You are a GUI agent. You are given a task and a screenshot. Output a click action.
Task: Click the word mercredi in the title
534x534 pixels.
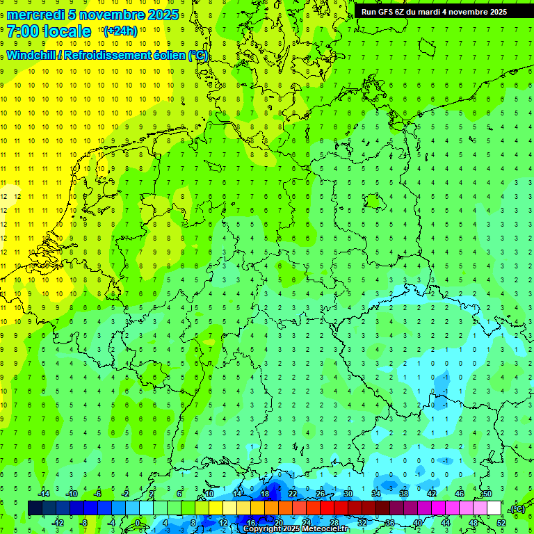pyautogui.click(x=36, y=15)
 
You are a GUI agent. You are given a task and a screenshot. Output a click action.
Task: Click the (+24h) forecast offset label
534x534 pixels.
pyautogui.click(x=120, y=31)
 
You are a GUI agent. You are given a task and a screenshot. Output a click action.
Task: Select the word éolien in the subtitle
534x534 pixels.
pyautogui.click(x=170, y=56)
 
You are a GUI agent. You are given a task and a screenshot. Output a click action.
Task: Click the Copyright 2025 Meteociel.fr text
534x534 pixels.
pyautogui.click(x=295, y=529)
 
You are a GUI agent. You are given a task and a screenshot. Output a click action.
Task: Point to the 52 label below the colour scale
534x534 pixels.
pyautogui.click(x=501, y=523)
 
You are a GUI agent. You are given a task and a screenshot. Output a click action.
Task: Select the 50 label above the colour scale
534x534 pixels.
pyautogui.click(x=487, y=494)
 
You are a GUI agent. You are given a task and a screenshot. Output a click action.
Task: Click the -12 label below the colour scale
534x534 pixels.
pyautogui.click(x=58, y=523)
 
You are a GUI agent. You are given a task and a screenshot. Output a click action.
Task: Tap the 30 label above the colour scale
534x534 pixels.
pyautogui.click(x=348, y=494)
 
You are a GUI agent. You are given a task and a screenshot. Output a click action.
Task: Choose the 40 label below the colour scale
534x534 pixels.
pyautogui.click(x=417, y=523)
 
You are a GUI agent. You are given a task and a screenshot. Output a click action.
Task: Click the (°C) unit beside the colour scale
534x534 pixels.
pyautogui.click(x=517, y=509)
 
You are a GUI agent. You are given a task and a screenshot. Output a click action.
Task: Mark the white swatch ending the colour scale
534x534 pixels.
pyautogui.click(x=494, y=508)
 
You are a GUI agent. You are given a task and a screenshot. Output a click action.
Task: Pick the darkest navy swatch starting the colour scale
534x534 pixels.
pyautogui.click(x=35, y=508)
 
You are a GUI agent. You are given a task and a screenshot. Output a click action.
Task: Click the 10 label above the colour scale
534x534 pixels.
pyautogui.click(x=209, y=494)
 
